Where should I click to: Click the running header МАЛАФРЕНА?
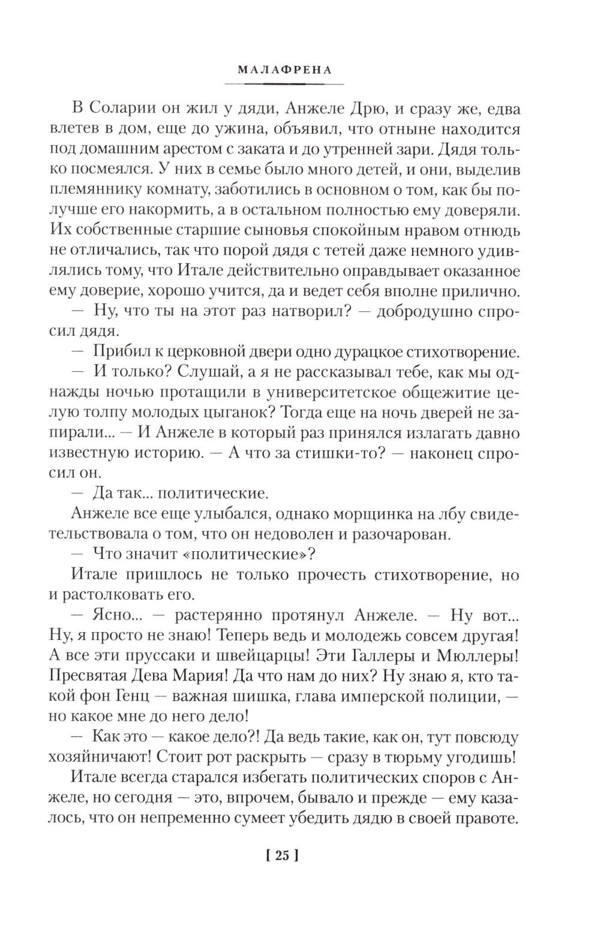pyautogui.click(x=285, y=69)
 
